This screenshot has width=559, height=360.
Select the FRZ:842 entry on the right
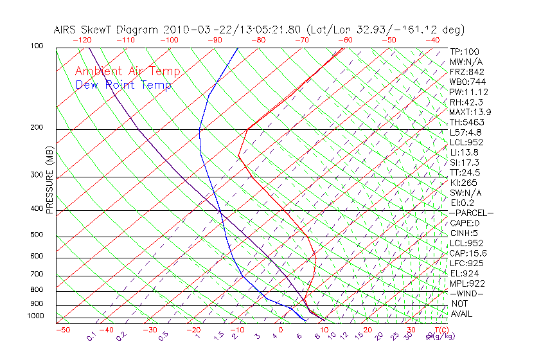466,72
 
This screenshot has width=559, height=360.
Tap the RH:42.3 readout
465,102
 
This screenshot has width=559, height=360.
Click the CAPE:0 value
464,223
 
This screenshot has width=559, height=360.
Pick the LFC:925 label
466,264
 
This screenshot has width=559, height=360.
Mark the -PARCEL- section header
472,213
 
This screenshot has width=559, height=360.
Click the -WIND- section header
466,293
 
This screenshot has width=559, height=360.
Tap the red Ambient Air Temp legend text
127,71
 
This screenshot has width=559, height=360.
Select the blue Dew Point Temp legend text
123,85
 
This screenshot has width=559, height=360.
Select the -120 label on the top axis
82,40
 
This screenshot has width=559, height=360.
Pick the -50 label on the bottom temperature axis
62,330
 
